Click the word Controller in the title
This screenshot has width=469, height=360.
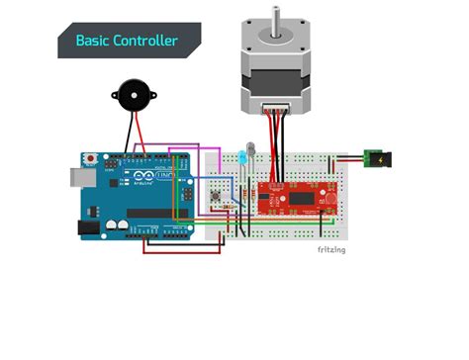pos(147,41)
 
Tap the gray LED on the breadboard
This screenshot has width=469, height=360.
pos(254,150)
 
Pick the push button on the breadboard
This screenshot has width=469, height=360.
pos(216,200)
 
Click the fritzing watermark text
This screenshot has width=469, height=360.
pos(331,250)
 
